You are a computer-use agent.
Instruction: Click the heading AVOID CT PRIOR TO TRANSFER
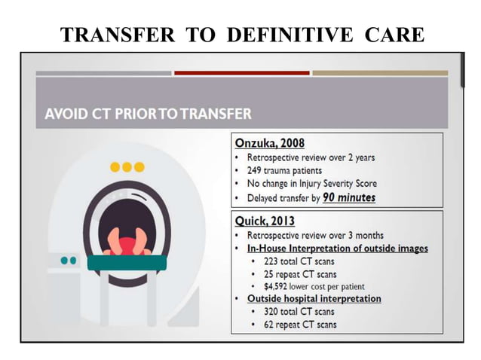pos(148,114)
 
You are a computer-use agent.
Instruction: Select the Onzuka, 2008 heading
pos(270,143)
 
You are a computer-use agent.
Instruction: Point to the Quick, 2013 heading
pos(265,221)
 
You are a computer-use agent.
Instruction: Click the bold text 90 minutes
pos(348,198)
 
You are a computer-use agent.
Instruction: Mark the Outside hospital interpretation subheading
pos(314,299)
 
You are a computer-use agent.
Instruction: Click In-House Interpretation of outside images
pos(338,248)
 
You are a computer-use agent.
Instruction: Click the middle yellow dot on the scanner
pos(127,166)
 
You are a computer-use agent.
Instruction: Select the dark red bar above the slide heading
pos(241,73)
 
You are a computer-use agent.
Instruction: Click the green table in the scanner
pos(126,263)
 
